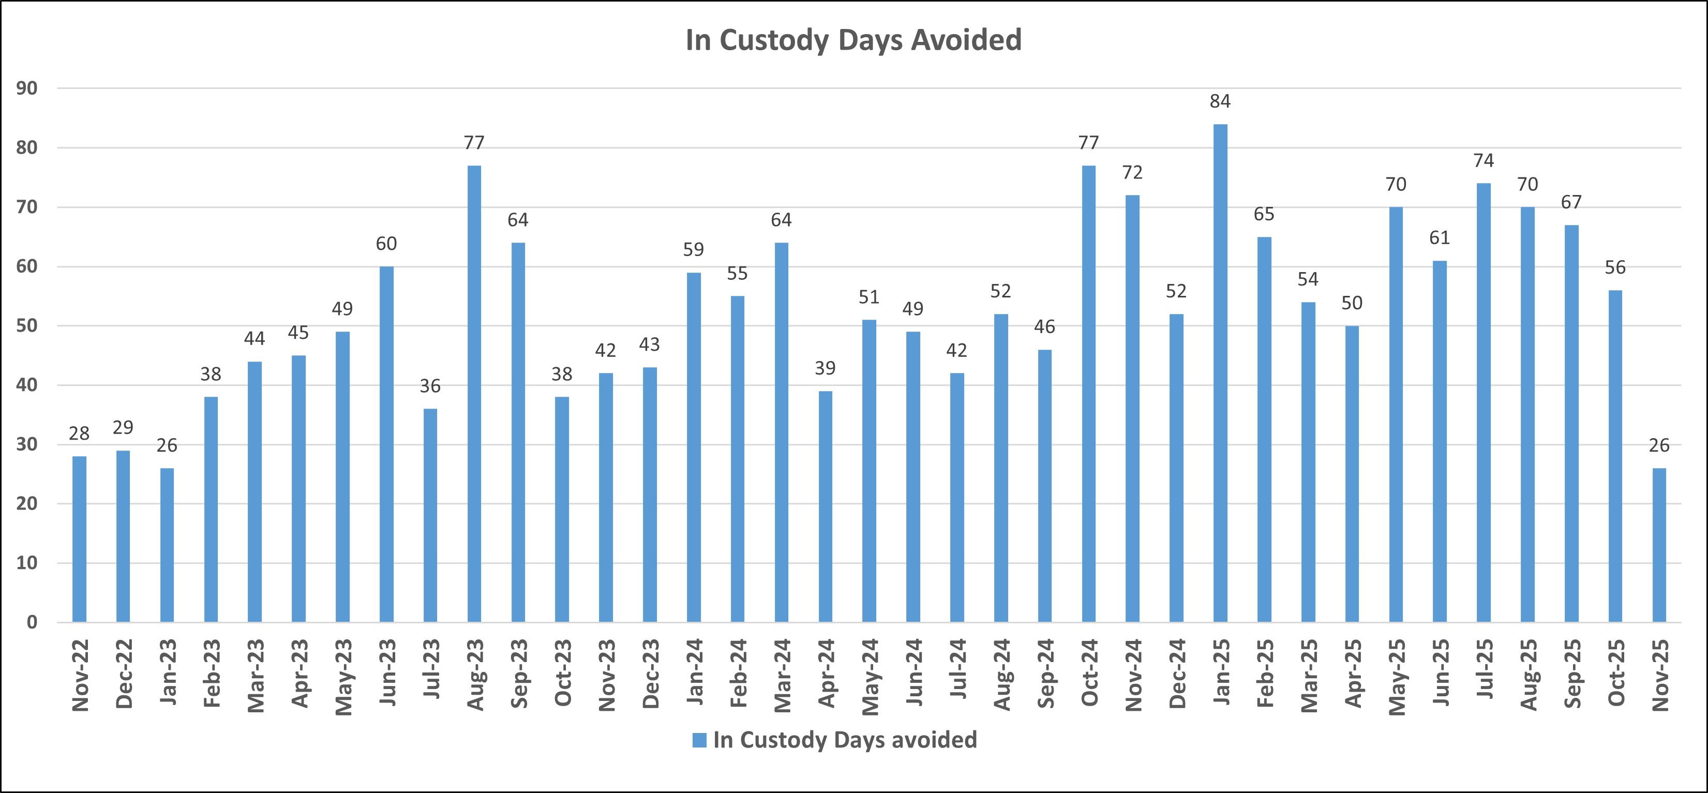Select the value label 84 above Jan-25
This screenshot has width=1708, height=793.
coord(1220,101)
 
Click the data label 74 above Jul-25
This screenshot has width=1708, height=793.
coord(1483,160)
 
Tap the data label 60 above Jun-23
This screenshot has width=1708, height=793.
coord(386,244)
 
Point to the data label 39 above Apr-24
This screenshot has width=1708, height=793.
coord(825,368)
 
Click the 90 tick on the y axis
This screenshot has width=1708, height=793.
coord(27,88)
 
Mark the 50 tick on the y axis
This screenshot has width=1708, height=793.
coord(27,325)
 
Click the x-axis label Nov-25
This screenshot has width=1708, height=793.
coord(1659,675)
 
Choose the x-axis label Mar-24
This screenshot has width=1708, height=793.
coord(782,675)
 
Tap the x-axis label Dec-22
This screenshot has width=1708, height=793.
coord(123,674)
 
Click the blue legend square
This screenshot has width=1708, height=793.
coord(699,740)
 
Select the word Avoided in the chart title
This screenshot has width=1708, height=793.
coord(966,40)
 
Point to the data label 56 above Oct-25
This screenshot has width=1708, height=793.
coord(1615,267)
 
